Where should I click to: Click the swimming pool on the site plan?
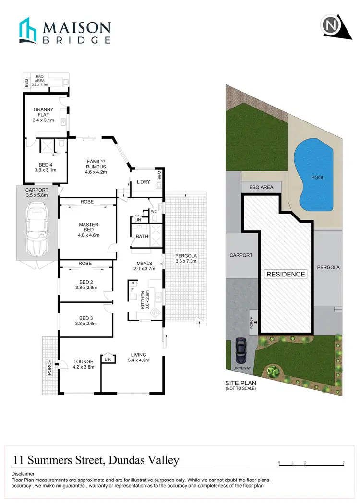click(313, 173)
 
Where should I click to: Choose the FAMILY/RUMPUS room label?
click(96, 166)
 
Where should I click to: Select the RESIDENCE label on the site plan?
click(286, 274)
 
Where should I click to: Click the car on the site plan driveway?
click(240, 351)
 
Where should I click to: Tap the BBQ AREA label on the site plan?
click(261, 187)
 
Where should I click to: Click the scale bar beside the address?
click(312, 463)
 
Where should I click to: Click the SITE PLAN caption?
click(240, 383)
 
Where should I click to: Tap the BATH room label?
click(142, 237)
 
